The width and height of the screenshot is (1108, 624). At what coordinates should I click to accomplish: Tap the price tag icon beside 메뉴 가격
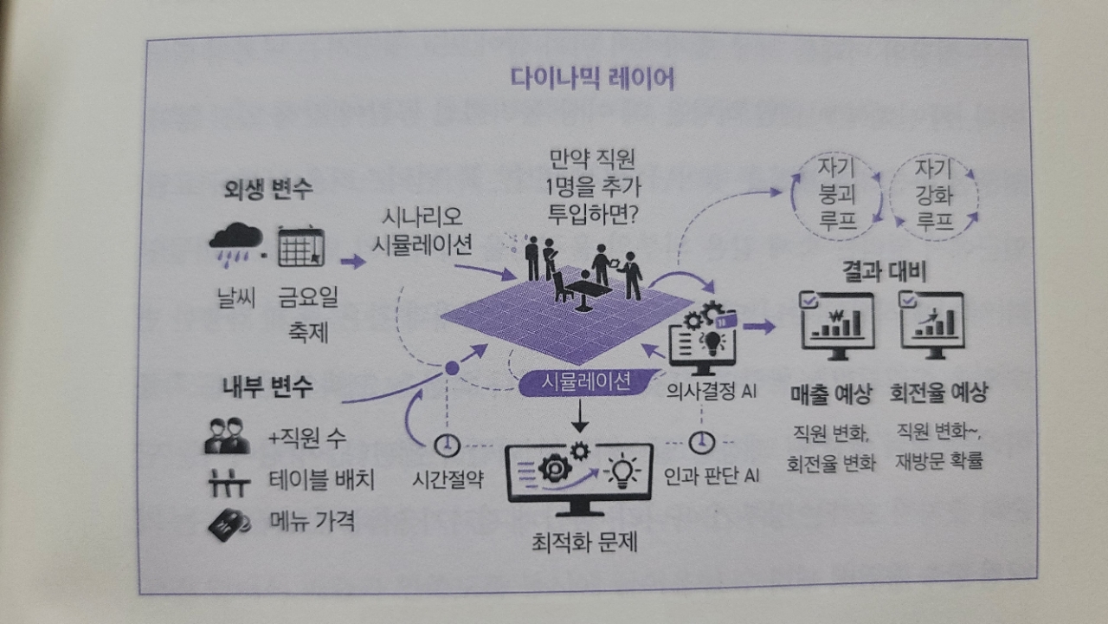[x=228, y=523]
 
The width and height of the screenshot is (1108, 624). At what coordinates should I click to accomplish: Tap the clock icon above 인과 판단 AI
[x=702, y=442]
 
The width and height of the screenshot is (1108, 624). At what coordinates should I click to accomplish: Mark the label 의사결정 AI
[x=712, y=390]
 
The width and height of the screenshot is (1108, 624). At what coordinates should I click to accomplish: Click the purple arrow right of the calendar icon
[x=353, y=261]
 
